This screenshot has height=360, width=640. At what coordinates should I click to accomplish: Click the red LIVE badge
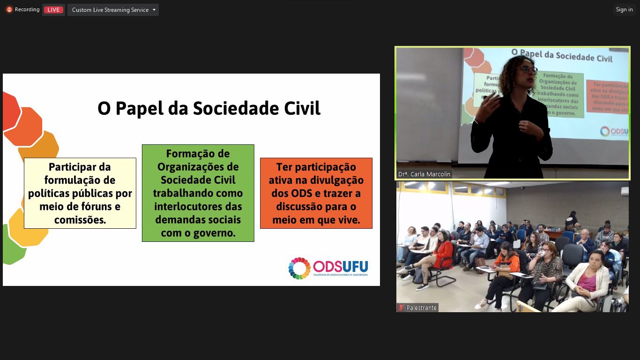(x=53, y=10)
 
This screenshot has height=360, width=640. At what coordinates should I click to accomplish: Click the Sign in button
(x=624, y=10)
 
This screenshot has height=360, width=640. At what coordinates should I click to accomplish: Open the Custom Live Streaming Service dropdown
(x=113, y=10)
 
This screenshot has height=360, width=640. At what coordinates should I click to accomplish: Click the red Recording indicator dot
(x=9, y=10)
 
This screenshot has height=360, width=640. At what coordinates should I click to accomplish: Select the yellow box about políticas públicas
(x=80, y=193)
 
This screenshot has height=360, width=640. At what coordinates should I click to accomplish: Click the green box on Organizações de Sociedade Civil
(x=198, y=193)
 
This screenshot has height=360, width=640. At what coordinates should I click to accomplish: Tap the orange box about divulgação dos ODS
(x=316, y=193)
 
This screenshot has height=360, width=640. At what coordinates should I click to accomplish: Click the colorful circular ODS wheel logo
(x=299, y=268)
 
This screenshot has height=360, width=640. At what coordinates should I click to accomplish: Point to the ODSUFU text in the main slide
(x=341, y=266)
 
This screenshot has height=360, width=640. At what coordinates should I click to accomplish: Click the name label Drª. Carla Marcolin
(x=424, y=174)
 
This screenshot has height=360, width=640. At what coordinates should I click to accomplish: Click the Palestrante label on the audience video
(x=421, y=308)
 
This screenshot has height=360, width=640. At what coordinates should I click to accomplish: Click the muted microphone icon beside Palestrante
(x=401, y=308)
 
